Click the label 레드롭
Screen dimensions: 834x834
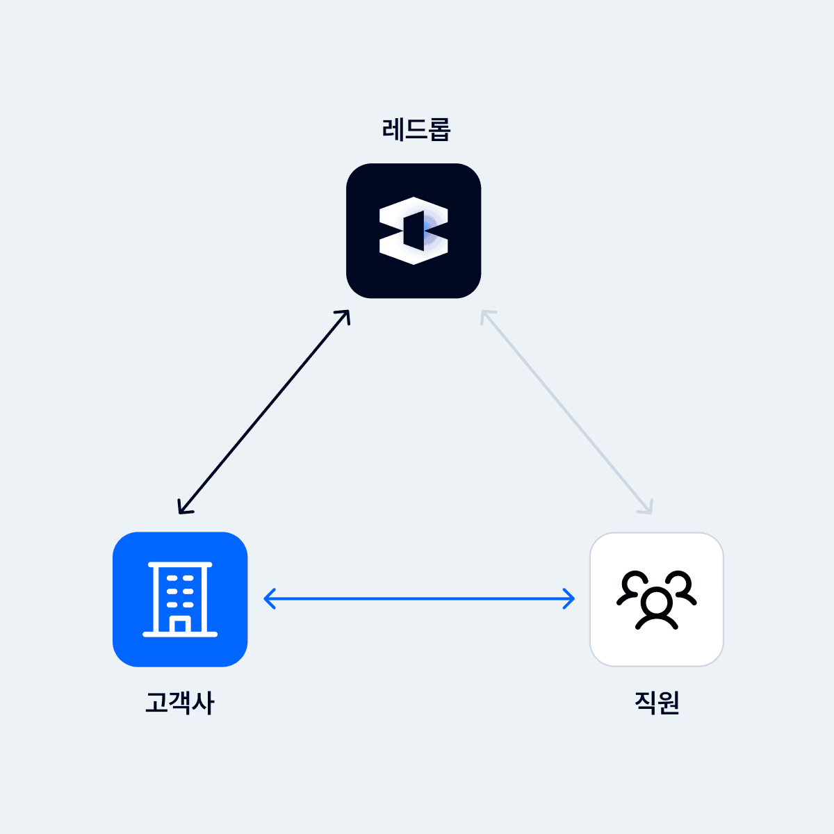[416, 129]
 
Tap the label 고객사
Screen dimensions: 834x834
[180, 703]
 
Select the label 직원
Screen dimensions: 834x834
[657, 703]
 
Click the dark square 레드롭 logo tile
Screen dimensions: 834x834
[414, 231]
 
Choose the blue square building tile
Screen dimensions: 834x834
[180, 599]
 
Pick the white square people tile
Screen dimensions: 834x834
[657, 599]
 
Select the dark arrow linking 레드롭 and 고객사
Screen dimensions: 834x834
[264, 411]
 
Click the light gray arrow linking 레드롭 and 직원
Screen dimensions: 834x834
[566, 411]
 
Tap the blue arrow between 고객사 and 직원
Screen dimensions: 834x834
[419, 598]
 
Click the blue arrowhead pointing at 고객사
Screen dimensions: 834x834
[268, 598]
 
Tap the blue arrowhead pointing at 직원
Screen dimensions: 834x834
[571, 598]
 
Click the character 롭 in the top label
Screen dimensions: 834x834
[439, 129]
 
